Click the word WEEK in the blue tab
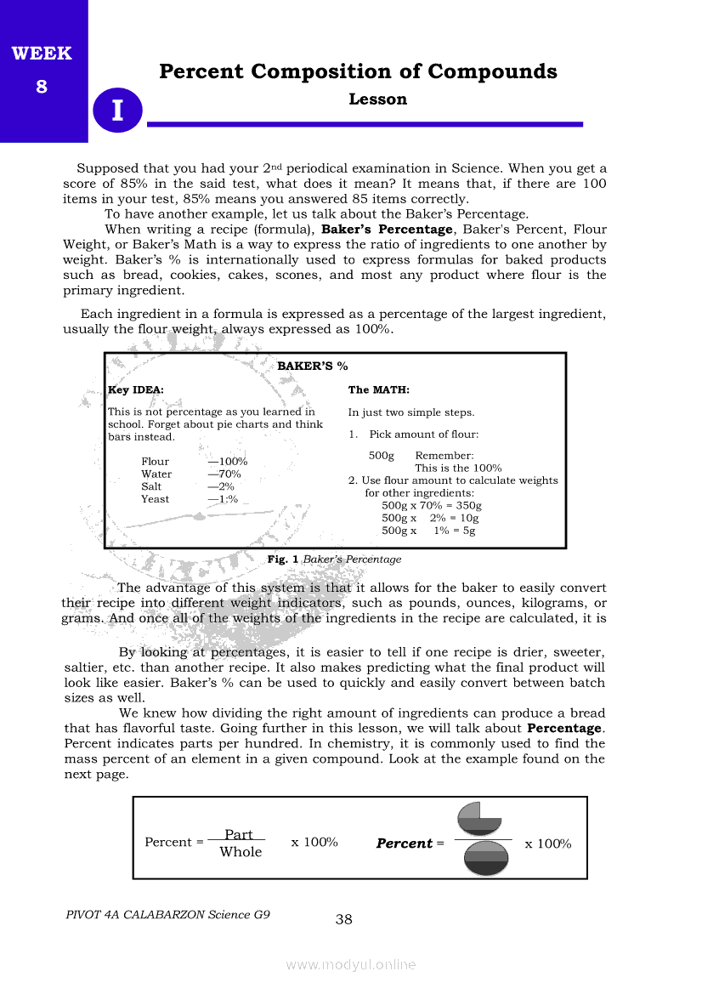(42, 54)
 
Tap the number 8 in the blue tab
(42, 87)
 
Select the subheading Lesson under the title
(377, 99)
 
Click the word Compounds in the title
(492, 71)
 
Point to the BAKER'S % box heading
(313, 366)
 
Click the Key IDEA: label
(136, 390)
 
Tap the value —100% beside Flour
(227, 462)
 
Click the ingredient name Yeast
(155, 499)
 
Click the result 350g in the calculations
(468, 505)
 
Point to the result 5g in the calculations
(468, 531)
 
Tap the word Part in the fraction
(238, 835)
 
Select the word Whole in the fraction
(241, 852)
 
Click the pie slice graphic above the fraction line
(479, 818)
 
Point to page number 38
(344, 919)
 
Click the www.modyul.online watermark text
(351, 964)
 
